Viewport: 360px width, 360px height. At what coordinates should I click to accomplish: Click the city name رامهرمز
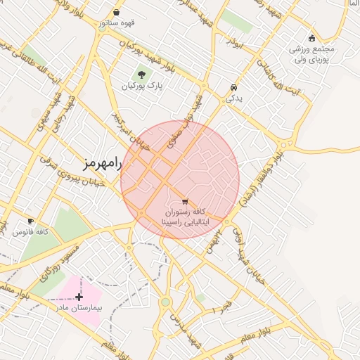pyautogui.click(x=103, y=164)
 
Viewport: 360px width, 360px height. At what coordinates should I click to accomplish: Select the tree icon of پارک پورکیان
pyautogui.click(x=142, y=74)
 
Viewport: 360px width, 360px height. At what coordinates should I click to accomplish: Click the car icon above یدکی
pyautogui.click(x=233, y=88)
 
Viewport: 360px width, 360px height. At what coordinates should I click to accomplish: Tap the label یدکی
pyautogui.click(x=233, y=99)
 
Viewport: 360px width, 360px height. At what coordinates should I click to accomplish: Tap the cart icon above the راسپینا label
pyautogui.click(x=185, y=202)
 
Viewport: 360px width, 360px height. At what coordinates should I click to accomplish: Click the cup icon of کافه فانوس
pyautogui.click(x=30, y=221)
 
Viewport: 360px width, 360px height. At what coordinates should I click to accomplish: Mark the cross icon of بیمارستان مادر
pyautogui.click(x=79, y=297)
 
